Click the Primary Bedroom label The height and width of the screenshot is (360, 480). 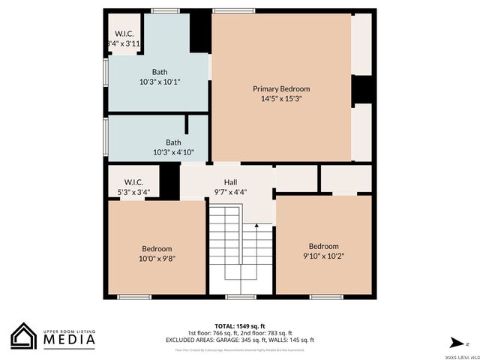click(280, 88)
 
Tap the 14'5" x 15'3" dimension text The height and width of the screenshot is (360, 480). click(280, 98)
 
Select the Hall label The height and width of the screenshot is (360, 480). click(230, 182)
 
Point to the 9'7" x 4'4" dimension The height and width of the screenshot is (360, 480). click(230, 192)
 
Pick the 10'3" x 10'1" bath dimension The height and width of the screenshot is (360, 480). click(160, 82)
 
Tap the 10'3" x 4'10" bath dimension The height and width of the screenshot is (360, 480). click(173, 152)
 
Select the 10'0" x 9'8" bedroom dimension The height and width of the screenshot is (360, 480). click(157, 259)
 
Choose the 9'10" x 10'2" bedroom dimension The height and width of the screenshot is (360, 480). click(323, 256)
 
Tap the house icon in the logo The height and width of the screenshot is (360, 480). click(23, 336)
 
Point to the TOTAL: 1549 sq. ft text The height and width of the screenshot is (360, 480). click(239, 326)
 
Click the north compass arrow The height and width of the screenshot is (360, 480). click(454, 341)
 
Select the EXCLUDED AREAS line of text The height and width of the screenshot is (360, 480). click(239, 340)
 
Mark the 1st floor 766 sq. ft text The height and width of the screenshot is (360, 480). click(212, 333)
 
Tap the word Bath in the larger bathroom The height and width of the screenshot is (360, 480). click(160, 72)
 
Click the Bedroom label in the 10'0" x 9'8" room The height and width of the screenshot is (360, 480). click(157, 249)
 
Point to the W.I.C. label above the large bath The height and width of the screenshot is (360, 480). click(123, 34)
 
